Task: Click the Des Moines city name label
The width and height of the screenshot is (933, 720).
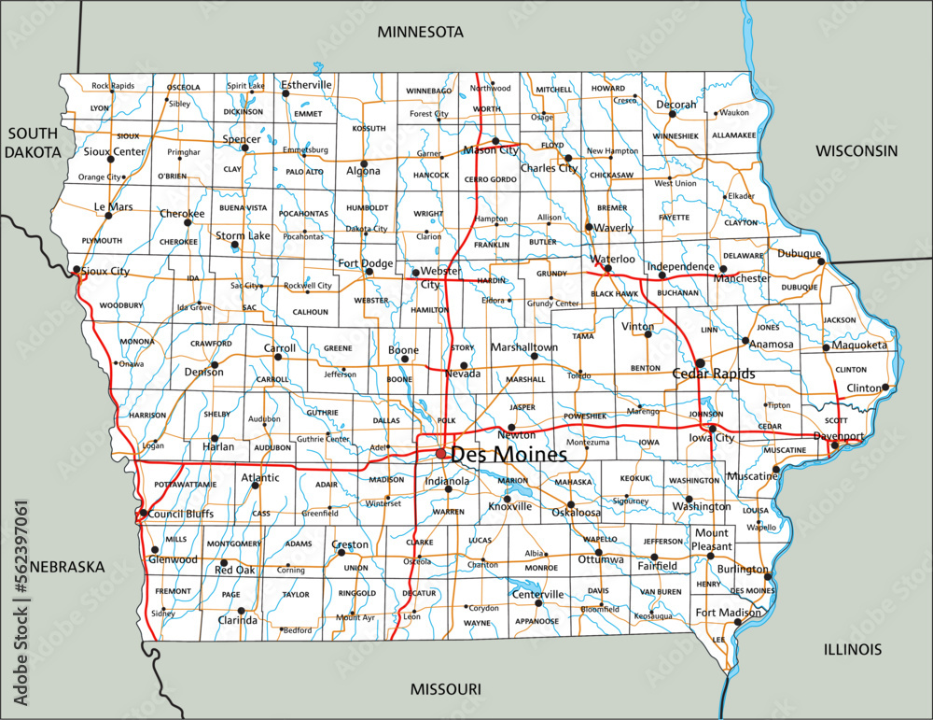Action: (x=508, y=456)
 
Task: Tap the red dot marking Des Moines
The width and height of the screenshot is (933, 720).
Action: (x=440, y=454)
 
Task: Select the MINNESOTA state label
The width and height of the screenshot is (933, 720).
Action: (x=420, y=32)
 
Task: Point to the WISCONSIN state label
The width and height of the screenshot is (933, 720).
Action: (x=856, y=150)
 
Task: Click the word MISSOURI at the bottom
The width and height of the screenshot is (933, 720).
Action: (x=445, y=689)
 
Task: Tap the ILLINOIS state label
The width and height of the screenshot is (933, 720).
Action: (x=852, y=649)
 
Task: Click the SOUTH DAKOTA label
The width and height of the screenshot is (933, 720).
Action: (x=33, y=141)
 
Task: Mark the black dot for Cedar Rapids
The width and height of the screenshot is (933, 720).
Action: (x=700, y=362)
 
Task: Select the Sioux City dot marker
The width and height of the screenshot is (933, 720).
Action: (x=76, y=270)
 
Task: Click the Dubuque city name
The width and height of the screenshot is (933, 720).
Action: (x=800, y=253)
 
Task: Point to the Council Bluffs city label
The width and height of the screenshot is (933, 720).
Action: (x=181, y=514)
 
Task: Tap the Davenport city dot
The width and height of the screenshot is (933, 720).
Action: (x=834, y=445)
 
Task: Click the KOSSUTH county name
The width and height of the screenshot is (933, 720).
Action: (x=369, y=128)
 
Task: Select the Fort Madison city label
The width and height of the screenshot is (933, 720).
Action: (x=727, y=613)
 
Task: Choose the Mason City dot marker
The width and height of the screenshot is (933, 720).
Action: (x=495, y=141)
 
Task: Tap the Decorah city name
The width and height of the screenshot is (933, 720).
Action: (x=675, y=105)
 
